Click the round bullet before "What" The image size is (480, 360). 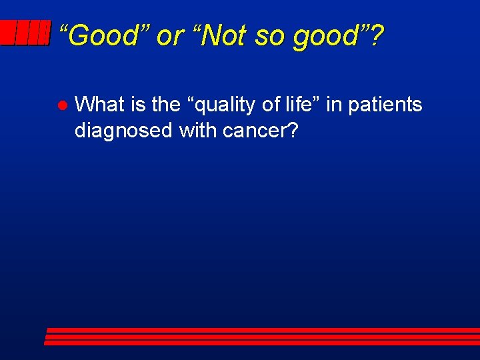coord(60,106)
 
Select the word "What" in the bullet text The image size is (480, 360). coord(103,105)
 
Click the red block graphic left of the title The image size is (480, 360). coord(25,33)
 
